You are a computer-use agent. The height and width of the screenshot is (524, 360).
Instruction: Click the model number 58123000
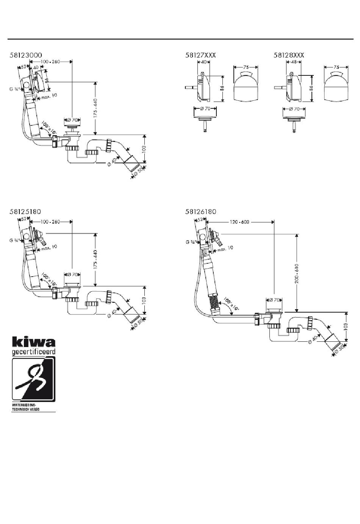(x=26, y=55)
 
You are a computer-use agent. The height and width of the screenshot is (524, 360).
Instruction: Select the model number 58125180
(x=26, y=211)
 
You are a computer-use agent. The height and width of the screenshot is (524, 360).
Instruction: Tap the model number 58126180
(x=201, y=211)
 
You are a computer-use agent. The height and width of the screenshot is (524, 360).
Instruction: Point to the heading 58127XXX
(x=200, y=55)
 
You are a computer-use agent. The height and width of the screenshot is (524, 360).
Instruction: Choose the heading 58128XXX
(x=289, y=55)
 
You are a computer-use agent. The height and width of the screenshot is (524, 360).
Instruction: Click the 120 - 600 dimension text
(x=239, y=222)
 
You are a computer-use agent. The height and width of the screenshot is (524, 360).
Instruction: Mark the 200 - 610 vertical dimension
(x=297, y=273)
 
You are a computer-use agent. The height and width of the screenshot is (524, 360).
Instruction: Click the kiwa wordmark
(x=34, y=342)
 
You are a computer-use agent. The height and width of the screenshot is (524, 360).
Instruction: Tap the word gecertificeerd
(x=34, y=352)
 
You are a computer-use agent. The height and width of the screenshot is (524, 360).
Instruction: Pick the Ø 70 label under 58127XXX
(x=205, y=109)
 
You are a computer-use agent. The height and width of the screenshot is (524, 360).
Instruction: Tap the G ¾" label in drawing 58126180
(x=191, y=242)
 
